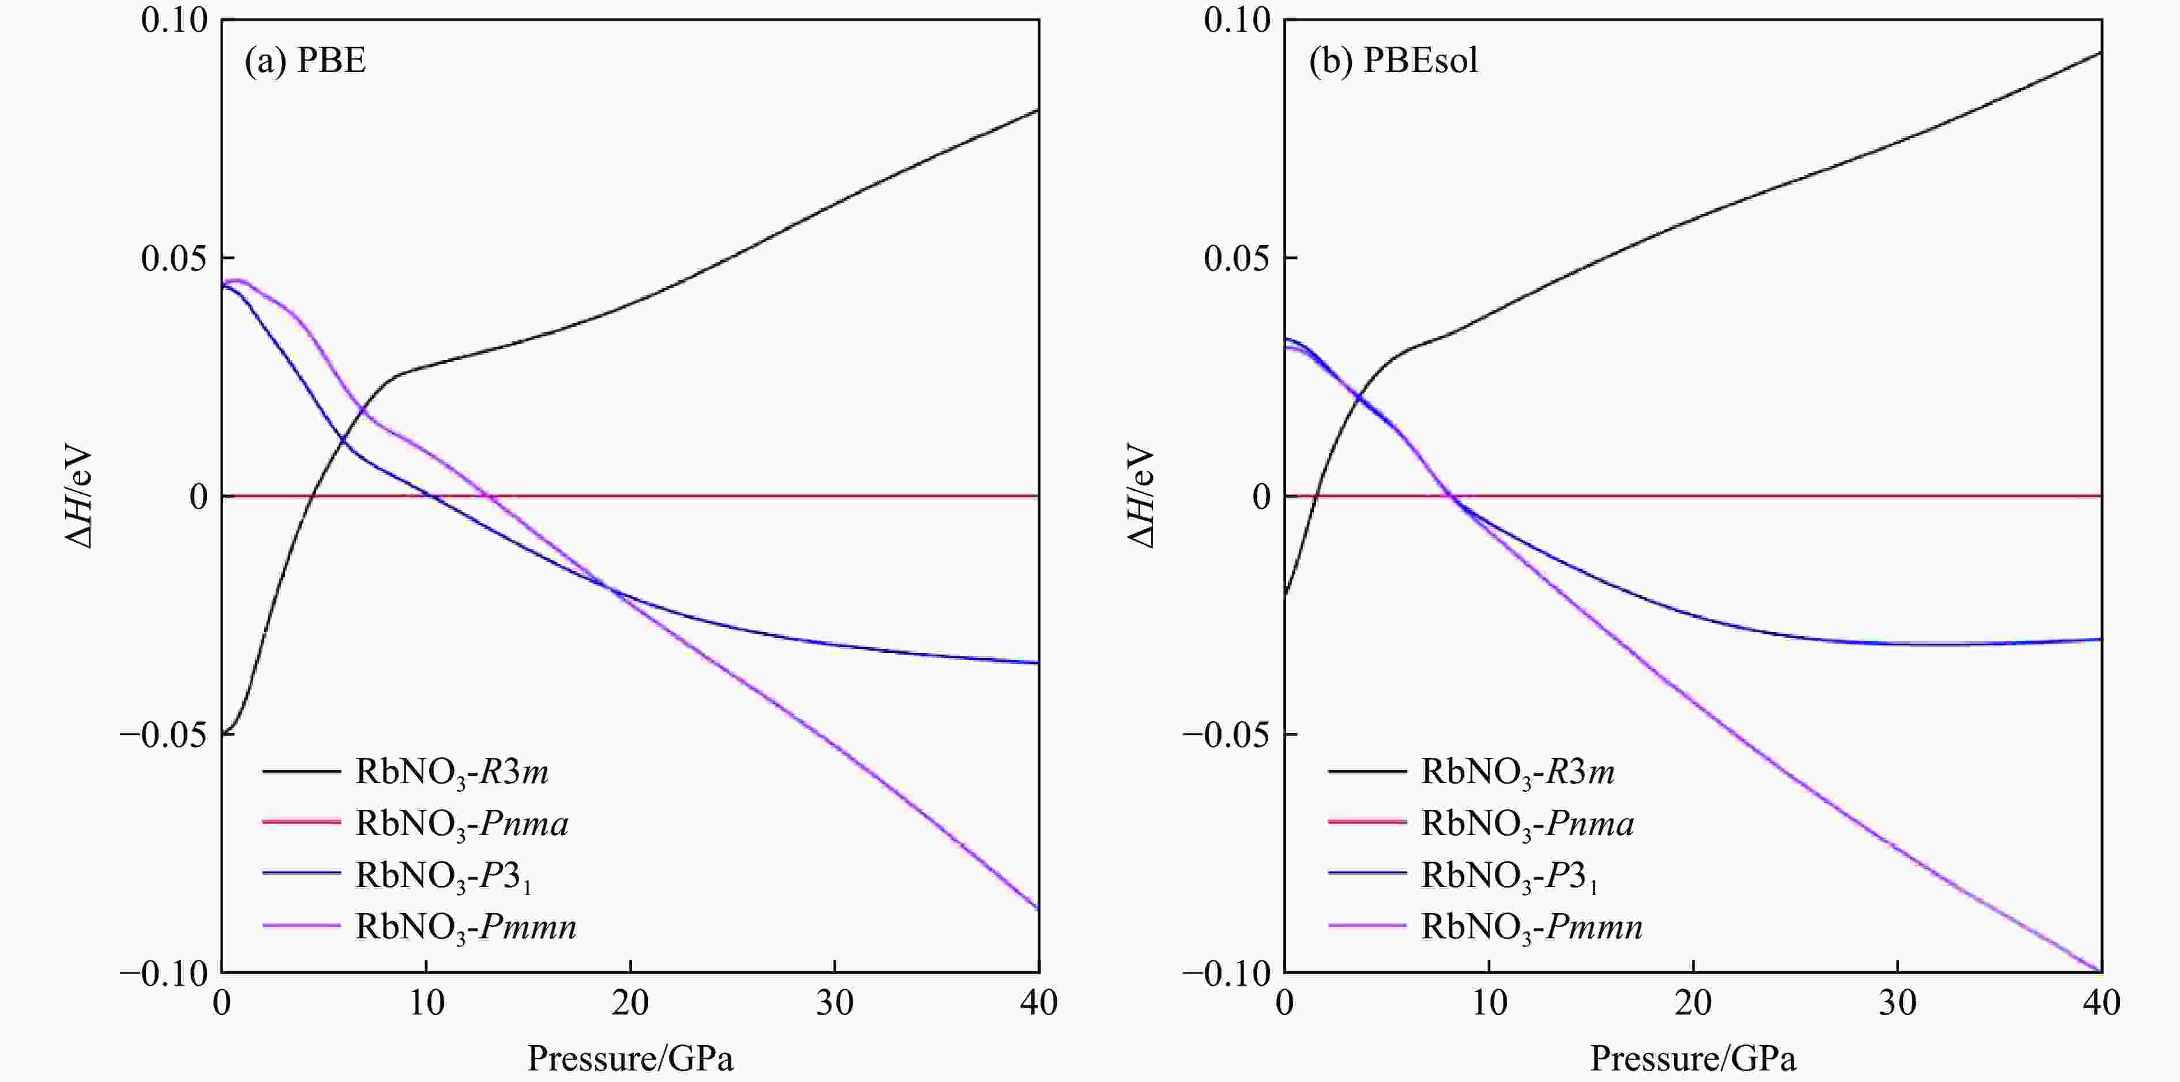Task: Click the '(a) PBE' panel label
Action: click(306, 61)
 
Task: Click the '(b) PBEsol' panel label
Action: click(1393, 61)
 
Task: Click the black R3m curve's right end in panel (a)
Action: click(1038, 110)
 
